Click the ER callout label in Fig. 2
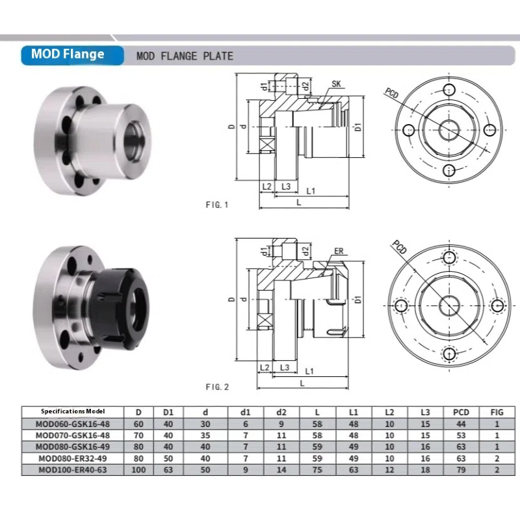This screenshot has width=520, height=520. click(338, 251)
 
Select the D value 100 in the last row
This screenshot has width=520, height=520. click(138, 470)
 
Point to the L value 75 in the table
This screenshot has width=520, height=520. click(317, 470)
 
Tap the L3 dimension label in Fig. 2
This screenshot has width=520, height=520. click(284, 368)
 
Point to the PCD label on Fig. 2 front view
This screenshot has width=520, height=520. click(398, 247)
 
